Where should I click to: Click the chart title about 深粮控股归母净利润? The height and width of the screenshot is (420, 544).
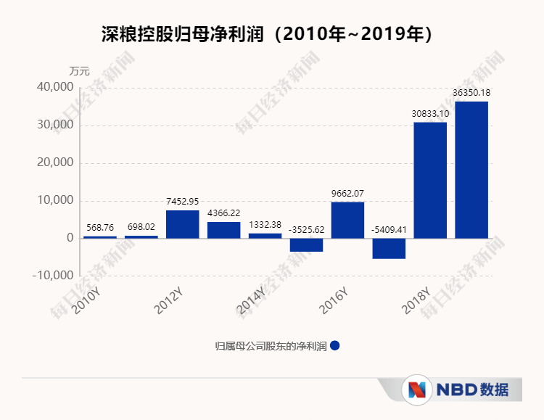click(271, 34)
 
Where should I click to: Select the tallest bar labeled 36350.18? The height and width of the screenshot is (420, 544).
click(471, 170)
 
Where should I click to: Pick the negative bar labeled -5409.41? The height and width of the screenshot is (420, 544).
click(389, 248)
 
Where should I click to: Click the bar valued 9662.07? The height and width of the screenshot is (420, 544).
click(347, 220)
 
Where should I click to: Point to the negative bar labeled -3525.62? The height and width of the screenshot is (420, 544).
click(306, 244)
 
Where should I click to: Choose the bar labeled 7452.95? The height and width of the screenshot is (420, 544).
click(182, 224)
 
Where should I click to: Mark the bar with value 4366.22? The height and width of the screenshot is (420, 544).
click(223, 230)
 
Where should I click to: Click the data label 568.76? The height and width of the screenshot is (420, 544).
click(99, 228)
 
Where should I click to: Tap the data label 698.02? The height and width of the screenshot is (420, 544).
click(141, 227)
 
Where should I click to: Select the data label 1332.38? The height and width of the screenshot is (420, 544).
click(265, 225)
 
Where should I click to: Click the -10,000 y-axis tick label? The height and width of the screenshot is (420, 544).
click(52, 276)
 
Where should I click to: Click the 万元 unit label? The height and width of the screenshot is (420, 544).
click(79, 71)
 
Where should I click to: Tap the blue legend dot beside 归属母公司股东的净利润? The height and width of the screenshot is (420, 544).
click(334, 346)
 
